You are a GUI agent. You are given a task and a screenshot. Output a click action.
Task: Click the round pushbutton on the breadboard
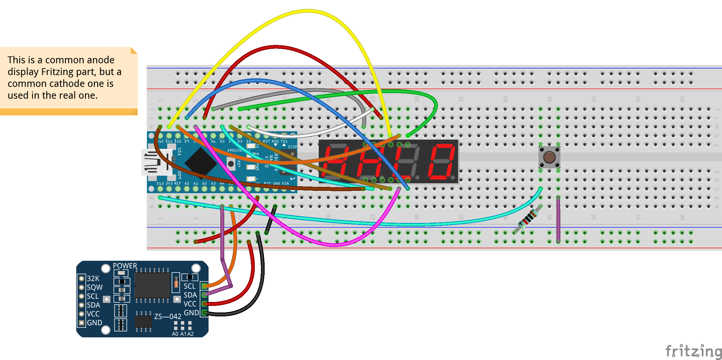tap(549, 157)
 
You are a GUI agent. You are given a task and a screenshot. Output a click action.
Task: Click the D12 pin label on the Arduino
tap(160, 141)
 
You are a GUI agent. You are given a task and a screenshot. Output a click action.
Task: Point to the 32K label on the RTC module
tap(93, 278)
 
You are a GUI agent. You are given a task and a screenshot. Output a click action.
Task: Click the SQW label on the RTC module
tap(94, 287)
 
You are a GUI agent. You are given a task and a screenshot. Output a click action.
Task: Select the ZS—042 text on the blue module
tap(168, 316)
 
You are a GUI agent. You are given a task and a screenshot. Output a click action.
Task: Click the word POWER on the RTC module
tap(125, 266)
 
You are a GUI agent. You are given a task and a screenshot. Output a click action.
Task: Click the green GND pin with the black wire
tap(205, 313)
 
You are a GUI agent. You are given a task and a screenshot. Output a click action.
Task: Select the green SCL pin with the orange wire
tap(205, 286)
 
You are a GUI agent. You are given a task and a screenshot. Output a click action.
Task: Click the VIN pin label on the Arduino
tap(285, 184)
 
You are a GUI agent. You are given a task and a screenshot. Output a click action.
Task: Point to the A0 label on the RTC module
tap(175, 334)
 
